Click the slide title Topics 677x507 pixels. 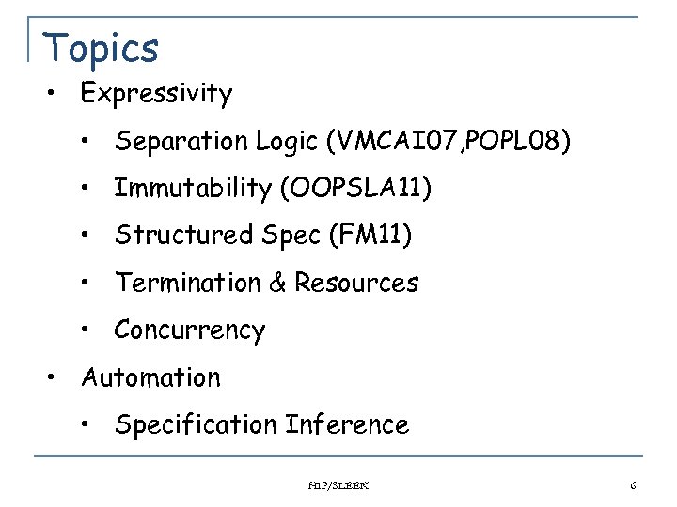tap(102, 47)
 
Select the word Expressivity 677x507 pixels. tap(156, 94)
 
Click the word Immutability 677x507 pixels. tap(192, 189)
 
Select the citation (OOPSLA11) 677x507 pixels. tap(356, 189)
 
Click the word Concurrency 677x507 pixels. tap(190, 330)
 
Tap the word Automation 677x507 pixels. tap(150, 377)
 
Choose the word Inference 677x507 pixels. tap(347, 424)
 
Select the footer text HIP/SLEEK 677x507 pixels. tap(338, 485)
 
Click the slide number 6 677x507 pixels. tap(633, 485)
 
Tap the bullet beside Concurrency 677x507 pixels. tap(86, 330)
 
